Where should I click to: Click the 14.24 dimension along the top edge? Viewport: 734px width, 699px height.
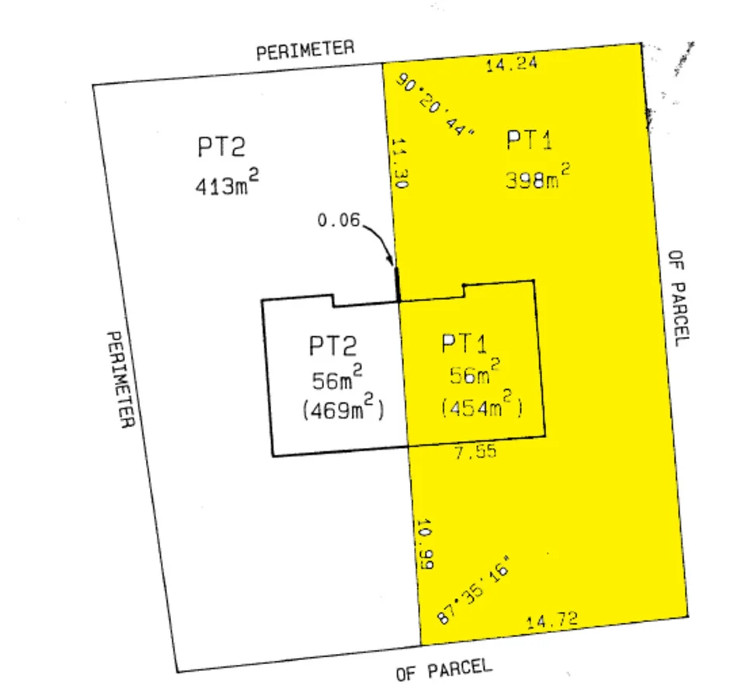click(x=512, y=65)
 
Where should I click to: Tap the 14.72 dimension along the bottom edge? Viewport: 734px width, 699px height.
click(x=553, y=621)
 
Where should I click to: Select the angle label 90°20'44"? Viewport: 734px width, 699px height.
click(x=436, y=105)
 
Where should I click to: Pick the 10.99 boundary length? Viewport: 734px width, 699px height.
click(x=424, y=545)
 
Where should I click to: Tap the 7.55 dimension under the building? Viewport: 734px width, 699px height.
click(x=475, y=452)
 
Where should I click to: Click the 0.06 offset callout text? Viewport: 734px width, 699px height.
click(x=339, y=220)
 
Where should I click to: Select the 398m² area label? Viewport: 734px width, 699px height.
click(x=537, y=179)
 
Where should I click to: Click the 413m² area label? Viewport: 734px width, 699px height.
click(x=227, y=185)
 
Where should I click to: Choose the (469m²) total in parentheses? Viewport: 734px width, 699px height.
click(x=343, y=409)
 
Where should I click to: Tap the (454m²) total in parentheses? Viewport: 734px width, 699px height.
click(x=481, y=407)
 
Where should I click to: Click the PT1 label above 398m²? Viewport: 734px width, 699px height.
click(x=530, y=141)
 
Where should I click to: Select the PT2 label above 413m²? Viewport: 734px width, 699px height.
click(x=221, y=147)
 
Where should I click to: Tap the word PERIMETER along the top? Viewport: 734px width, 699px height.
click(x=305, y=50)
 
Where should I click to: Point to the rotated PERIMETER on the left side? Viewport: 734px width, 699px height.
click(x=120, y=379)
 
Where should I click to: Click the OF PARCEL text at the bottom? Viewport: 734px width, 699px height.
click(x=444, y=670)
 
